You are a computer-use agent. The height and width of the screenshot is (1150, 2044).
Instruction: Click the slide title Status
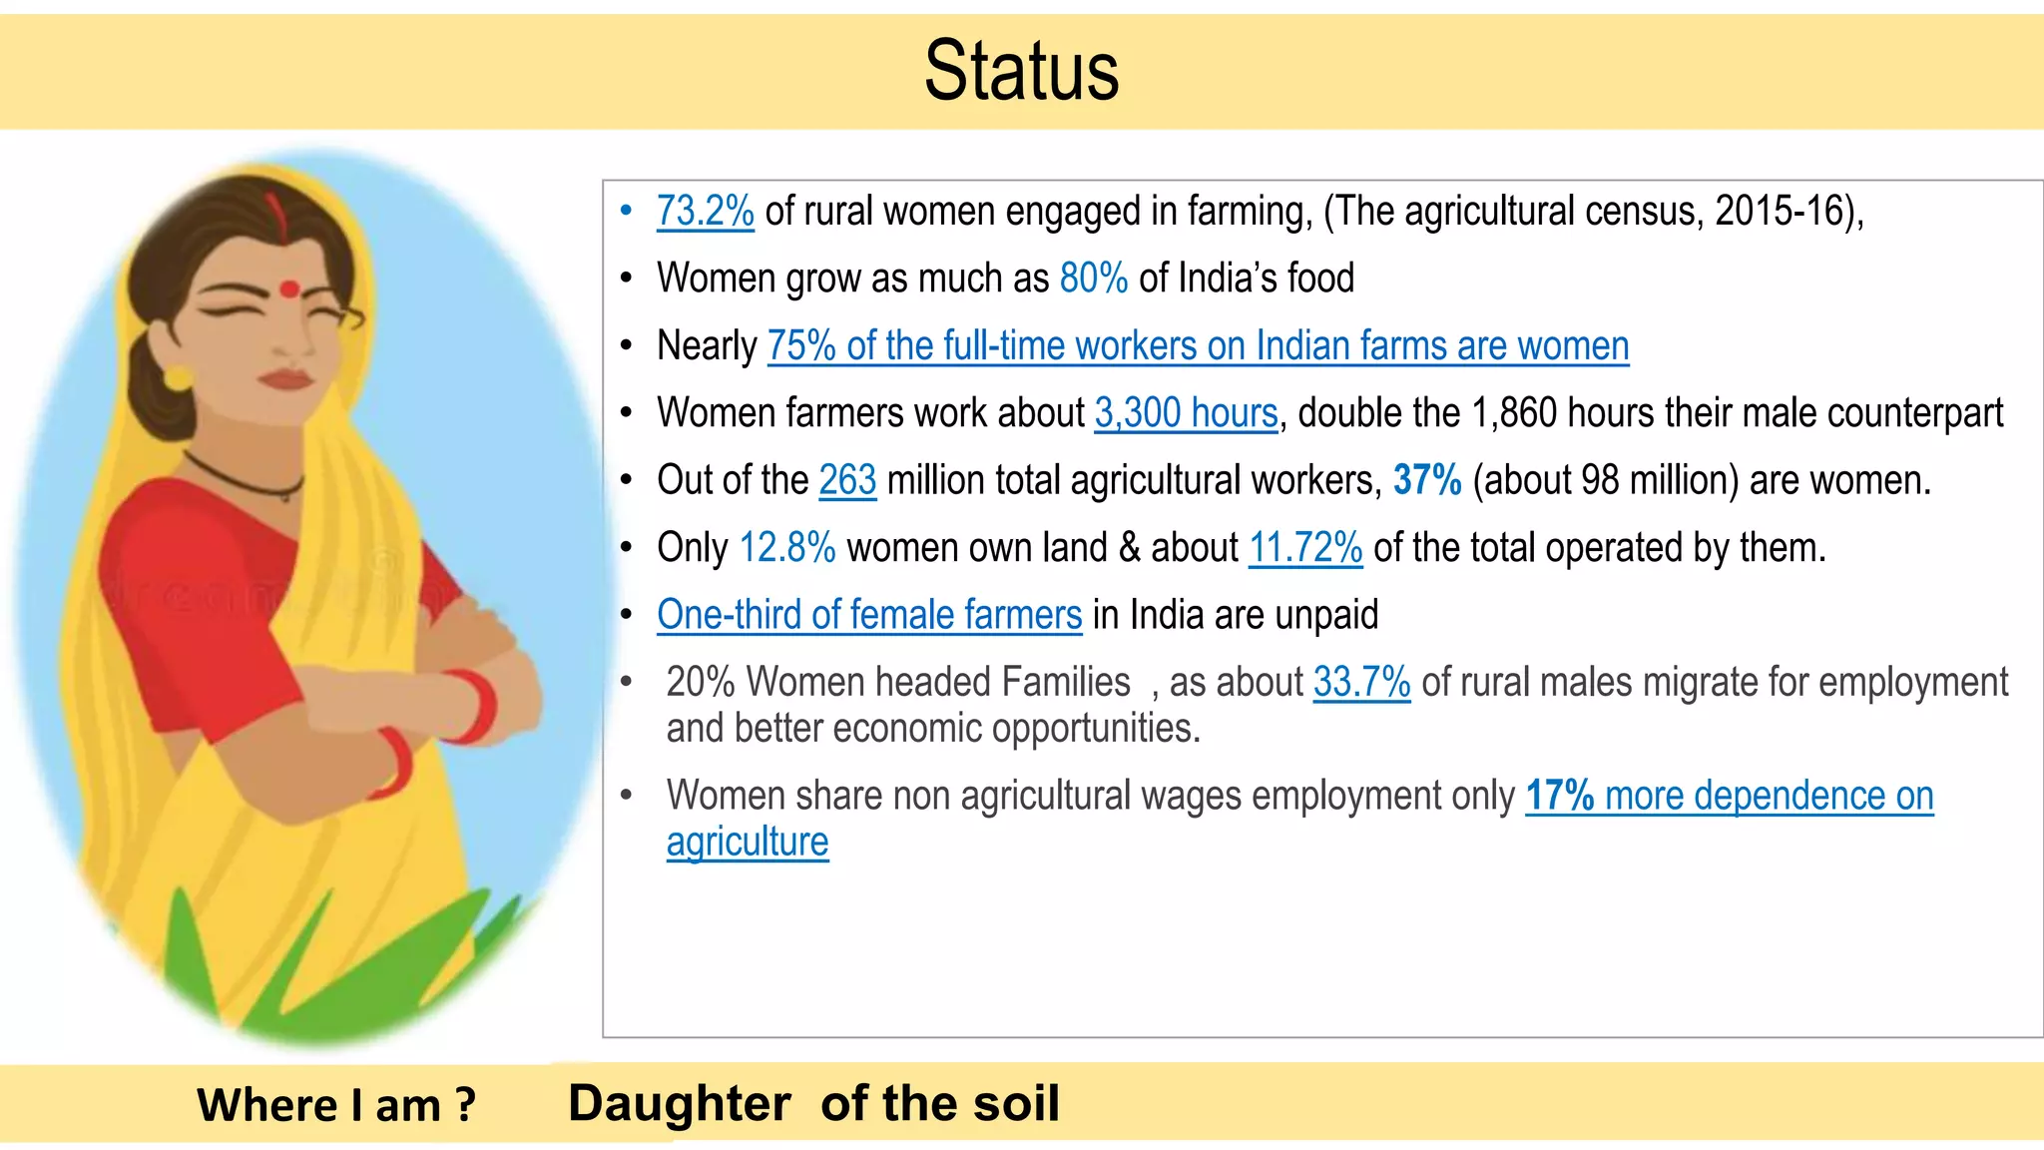coord(1021,71)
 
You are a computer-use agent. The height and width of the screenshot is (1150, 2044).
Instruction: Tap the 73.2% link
coord(705,212)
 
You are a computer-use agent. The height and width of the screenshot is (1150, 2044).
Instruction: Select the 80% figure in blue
coord(1093,279)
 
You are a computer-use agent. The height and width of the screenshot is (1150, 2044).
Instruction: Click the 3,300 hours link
coord(1186,413)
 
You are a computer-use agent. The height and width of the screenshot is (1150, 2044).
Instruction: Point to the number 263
coord(847,480)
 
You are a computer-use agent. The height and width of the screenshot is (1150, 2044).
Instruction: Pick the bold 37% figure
coord(1427,480)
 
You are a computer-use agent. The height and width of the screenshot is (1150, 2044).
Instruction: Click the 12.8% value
coord(787,548)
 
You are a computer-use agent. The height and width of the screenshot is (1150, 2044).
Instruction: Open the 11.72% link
coord(1305,548)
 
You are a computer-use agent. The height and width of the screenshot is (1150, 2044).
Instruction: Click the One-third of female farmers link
coord(868,615)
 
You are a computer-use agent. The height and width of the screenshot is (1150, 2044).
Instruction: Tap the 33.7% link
coord(1361,683)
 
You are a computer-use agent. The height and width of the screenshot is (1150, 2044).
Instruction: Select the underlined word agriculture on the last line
coord(748,843)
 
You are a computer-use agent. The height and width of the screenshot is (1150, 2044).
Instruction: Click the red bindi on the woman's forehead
coord(289,289)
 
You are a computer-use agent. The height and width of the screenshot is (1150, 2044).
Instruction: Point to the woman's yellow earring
coord(178,378)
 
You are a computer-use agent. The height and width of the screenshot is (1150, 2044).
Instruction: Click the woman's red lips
coord(286,380)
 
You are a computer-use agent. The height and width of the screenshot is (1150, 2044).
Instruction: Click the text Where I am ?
coord(336,1105)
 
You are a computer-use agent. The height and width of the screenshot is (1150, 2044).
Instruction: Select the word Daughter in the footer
coord(679,1104)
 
